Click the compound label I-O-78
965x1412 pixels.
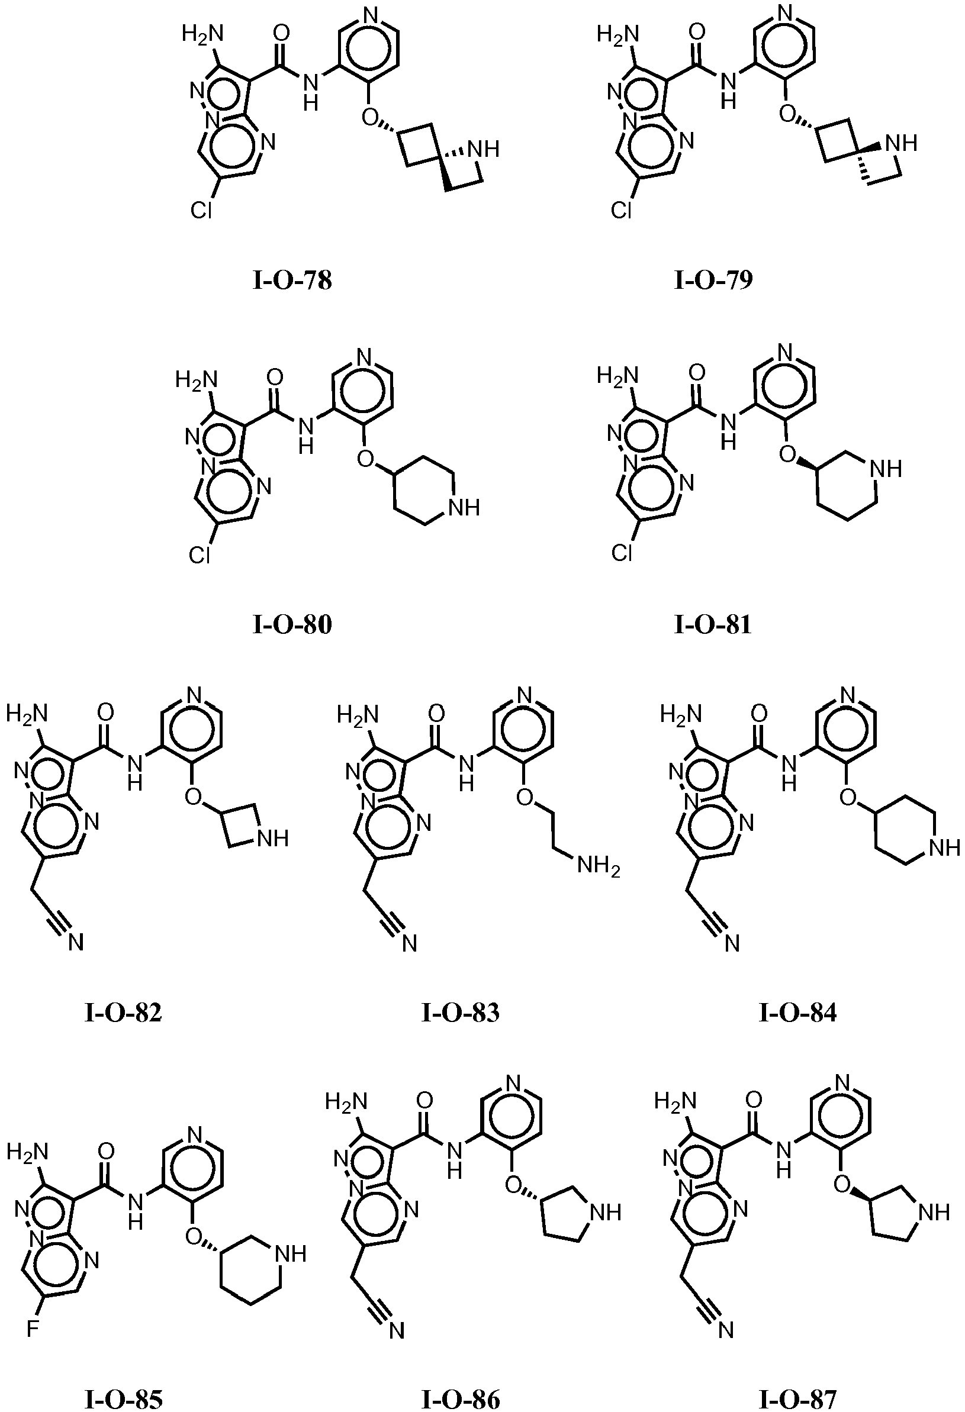point(292,281)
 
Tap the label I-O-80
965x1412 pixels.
point(292,625)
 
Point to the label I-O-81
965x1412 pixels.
point(713,625)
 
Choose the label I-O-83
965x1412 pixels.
point(461,1013)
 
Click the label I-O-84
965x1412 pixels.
point(798,1013)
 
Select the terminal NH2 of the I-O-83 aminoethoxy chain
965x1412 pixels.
point(599,865)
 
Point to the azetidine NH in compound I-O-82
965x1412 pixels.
point(273,839)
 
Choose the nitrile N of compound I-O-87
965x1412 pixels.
point(726,1330)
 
